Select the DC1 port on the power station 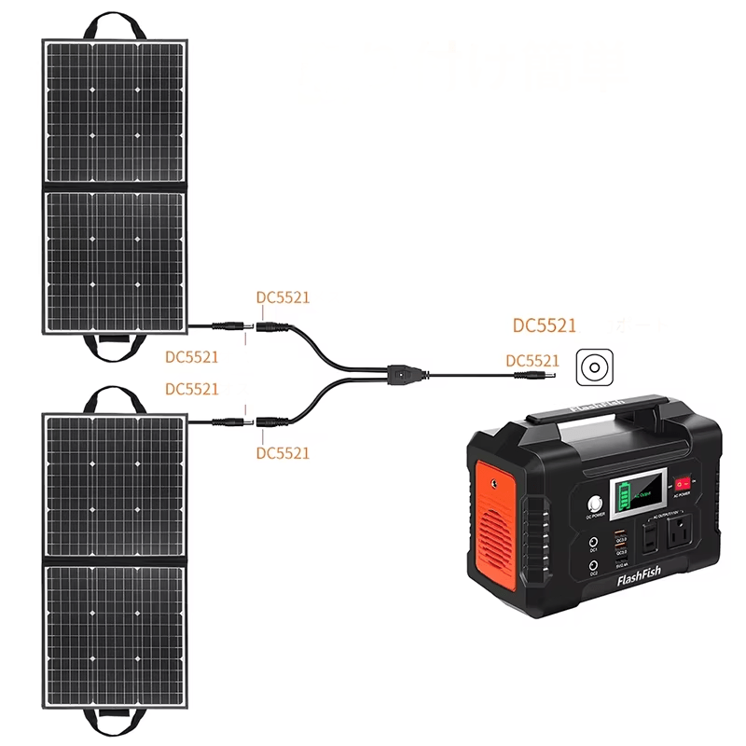[x=593, y=542]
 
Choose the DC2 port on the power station [x=593, y=565]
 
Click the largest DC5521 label [x=545, y=326]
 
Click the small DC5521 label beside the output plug [x=532, y=360]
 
